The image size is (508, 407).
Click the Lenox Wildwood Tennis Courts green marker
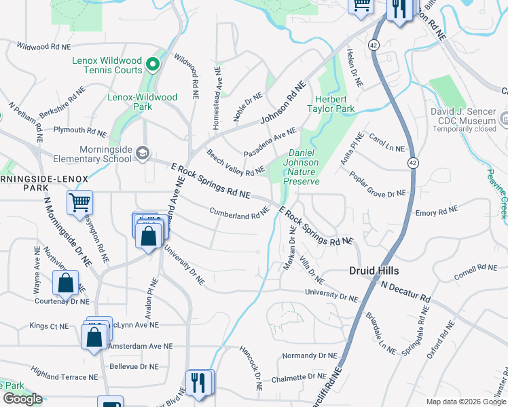153,65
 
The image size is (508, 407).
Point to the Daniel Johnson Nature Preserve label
300,167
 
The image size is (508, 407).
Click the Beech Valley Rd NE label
235,162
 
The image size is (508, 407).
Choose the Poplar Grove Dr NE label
377,185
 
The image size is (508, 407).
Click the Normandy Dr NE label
309,355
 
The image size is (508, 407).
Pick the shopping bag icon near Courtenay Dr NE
66,283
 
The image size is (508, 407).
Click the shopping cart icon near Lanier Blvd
80,201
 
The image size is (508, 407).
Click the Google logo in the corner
22,399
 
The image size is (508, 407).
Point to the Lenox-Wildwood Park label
143,102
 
